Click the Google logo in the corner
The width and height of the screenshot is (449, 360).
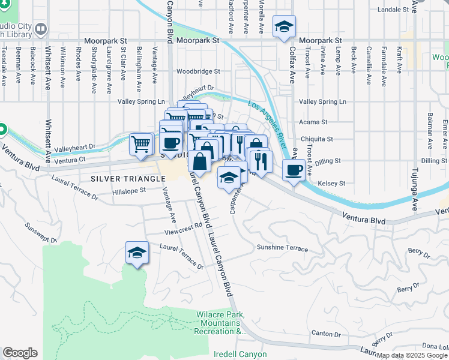coord(20,353)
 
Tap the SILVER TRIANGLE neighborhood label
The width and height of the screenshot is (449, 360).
coord(128,179)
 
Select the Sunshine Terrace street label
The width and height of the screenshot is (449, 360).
coord(282,248)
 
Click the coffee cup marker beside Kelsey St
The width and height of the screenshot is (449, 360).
coord(293,170)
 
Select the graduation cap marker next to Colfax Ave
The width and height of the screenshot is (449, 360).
coord(284,27)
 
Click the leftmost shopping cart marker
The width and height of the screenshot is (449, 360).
coord(140,144)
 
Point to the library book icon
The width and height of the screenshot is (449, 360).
coord(41,29)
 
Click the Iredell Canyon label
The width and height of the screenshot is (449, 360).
coord(240,354)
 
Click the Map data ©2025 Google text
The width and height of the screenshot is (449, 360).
coord(412,355)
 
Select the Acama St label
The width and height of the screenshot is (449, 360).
coord(315,122)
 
